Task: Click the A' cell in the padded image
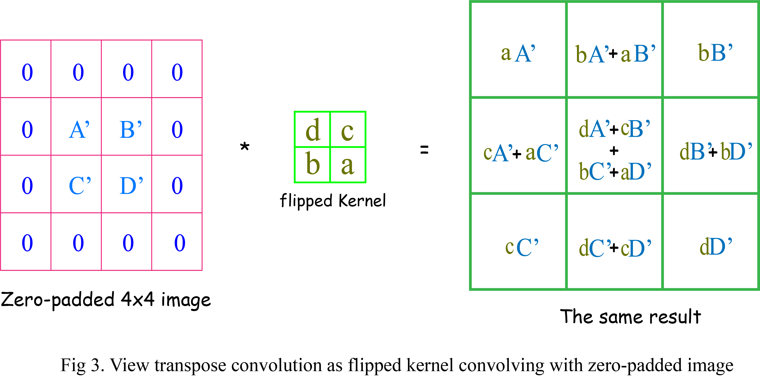tap(79, 130)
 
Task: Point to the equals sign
tap(424, 150)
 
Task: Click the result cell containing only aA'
tap(518, 53)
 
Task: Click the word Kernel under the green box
tap(362, 201)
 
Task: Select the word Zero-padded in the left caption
tap(58, 300)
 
